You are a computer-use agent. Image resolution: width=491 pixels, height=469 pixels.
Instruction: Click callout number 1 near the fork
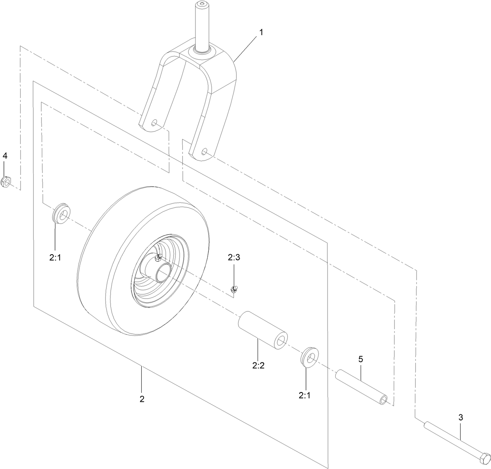[x=261, y=32]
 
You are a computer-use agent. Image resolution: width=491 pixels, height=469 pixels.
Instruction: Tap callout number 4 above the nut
[x=5, y=156]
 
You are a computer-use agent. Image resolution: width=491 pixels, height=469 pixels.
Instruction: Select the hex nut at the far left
[x=6, y=182]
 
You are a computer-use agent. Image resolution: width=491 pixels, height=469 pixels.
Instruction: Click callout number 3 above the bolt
[x=461, y=417]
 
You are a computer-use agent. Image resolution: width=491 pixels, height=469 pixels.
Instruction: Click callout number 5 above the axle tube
[x=361, y=358]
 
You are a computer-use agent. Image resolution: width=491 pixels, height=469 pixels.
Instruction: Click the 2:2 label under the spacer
[x=258, y=366]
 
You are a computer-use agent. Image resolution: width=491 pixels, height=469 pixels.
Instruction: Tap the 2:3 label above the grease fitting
[x=234, y=257]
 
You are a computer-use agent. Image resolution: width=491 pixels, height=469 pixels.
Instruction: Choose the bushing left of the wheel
[x=61, y=213]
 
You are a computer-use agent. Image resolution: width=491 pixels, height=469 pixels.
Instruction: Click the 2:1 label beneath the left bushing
[x=55, y=258]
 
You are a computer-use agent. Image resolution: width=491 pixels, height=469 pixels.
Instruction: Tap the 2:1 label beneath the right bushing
[x=305, y=395]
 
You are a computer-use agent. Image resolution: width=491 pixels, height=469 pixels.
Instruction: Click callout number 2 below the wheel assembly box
[x=142, y=399]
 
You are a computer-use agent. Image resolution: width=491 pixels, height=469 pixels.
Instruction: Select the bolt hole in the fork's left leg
[x=155, y=123]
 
